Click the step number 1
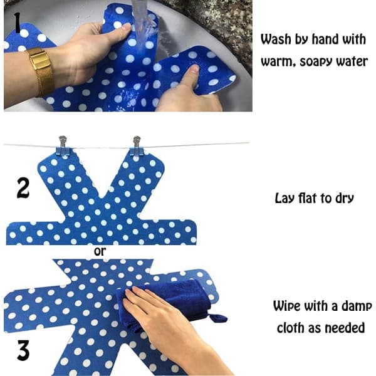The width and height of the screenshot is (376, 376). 17,23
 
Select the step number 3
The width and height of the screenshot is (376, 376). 23,350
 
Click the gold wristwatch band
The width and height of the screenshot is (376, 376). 41,71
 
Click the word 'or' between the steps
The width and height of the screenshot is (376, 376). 100,251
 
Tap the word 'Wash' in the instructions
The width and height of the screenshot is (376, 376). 275,39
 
